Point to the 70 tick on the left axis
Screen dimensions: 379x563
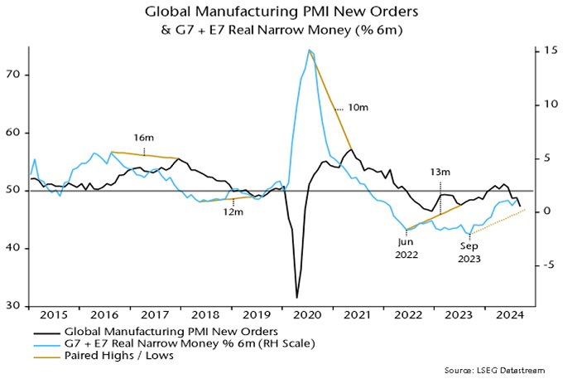(x=15, y=75)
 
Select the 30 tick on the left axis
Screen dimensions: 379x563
(x=15, y=306)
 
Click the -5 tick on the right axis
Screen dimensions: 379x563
(x=542, y=265)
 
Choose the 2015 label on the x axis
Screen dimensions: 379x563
(x=52, y=317)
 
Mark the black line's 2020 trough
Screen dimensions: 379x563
(x=296, y=297)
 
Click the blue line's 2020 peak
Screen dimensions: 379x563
(x=310, y=51)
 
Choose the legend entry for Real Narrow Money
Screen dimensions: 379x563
(x=160, y=343)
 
